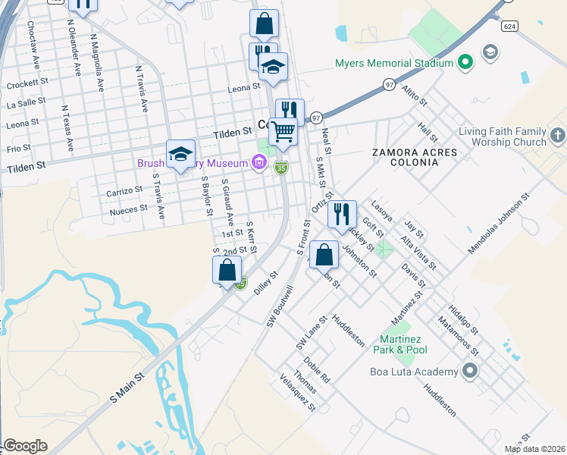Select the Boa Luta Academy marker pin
coord(470,372)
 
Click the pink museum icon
coord(259,162)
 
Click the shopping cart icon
coord(283,130)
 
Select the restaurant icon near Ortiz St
coord(342,214)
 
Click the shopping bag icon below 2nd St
coord(227,269)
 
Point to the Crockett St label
coord(27,85)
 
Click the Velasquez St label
coord(298,392)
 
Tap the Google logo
coord(25,446)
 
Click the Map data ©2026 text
coord(534,449)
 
